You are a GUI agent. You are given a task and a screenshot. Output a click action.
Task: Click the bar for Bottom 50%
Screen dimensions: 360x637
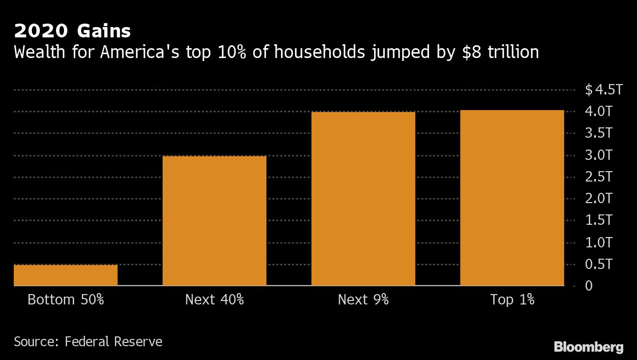pyautogui.click(x=65, y=275)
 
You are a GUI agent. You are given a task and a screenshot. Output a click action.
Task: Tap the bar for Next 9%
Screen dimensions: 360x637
pyautogui.click(x=363, y=199)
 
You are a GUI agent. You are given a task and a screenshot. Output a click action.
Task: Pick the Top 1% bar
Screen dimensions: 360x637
pyautogui.click(x=512, y=198)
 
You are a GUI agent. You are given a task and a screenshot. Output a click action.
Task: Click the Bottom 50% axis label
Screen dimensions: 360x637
pyautogui.click(x=65, y=300)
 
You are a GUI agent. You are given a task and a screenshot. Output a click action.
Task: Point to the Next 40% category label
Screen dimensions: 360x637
pyautogui.click(x=214, y=300)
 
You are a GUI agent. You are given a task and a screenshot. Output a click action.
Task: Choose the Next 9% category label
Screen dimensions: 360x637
pyautogui.click(x=363, y=300)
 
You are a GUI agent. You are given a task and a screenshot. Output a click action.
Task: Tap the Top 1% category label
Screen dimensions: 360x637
pyautogui.click(x=512, y=300)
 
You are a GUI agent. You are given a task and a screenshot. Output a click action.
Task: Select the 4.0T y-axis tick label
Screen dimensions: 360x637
pyautogui.click(x=599, y=112)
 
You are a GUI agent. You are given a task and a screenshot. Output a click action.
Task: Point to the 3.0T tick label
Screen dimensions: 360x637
pyautogui.click(x=599, y=155)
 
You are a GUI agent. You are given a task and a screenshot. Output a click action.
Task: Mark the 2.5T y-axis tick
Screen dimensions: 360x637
pyautogui.click(x=599, y=177)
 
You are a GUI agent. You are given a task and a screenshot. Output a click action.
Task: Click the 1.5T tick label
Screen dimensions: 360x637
pyautogui.click(x=599, y=220)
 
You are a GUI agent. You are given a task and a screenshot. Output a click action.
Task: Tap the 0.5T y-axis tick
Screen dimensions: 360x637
pyautogui.click(x=599, y=264)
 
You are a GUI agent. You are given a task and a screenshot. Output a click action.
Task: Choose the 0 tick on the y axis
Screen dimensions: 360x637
pyautogui.click(x=589, y=286)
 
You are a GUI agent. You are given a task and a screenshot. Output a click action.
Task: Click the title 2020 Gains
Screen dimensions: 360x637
pyautogui.click(x=72, y=31)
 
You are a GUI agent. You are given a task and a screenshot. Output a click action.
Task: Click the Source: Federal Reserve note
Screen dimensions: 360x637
pyautogui.click(x=88, y=341)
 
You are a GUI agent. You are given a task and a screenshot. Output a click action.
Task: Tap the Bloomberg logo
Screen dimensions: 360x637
pyautogui.click(x=589, y=347)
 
